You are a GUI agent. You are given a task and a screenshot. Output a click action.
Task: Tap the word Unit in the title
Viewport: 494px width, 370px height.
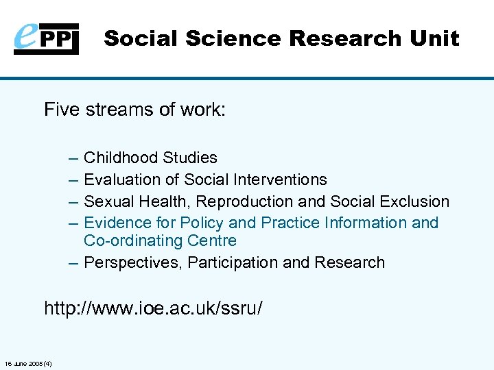tap(434, 38)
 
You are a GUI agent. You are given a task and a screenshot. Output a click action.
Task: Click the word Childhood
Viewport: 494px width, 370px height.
tap(121, 158)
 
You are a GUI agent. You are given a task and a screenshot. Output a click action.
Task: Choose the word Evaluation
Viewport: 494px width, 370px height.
tap(121, 180)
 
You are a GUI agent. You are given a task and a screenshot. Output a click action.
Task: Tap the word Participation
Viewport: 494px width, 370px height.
tap(234, 262)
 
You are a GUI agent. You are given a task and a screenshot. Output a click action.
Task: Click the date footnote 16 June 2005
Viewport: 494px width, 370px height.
tap(32, 363)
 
